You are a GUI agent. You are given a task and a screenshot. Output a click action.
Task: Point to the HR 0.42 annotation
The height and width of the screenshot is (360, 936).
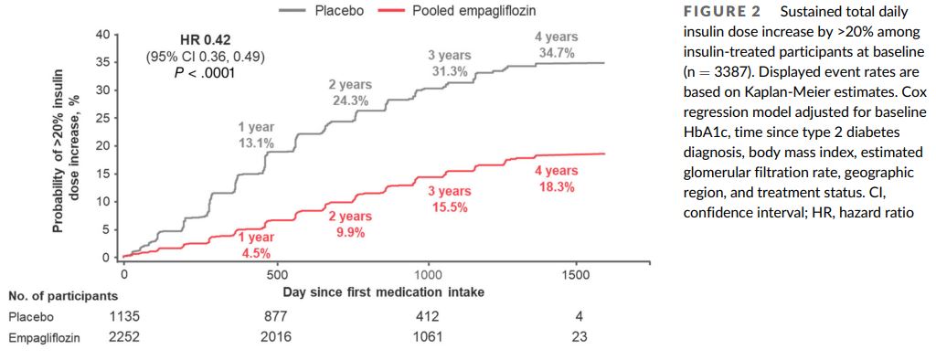[206, 42]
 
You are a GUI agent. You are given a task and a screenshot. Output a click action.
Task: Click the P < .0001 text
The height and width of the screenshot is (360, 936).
[206, 73]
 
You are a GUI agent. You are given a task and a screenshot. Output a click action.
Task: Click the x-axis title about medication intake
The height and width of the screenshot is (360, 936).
[383, 292]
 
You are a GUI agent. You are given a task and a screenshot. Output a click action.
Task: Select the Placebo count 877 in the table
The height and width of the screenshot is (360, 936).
[276, 316]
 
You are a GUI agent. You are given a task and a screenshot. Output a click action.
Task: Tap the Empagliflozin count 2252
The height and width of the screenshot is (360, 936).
[124, 337]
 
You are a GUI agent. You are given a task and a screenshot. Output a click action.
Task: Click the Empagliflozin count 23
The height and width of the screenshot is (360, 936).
[579, 337]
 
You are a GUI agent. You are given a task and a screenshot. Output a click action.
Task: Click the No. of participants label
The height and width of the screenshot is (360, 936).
[63, 295]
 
